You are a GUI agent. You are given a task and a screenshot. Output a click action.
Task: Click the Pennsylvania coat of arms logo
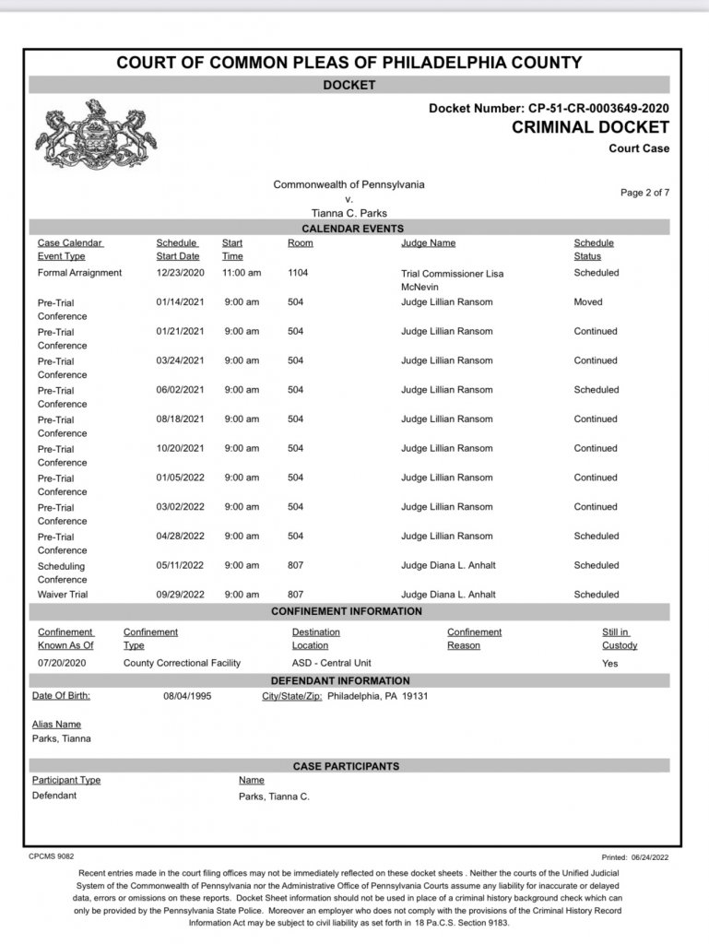point(96,136)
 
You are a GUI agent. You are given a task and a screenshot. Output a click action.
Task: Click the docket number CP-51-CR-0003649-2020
point(596,108)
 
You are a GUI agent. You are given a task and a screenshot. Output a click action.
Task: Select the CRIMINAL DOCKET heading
point(590,127)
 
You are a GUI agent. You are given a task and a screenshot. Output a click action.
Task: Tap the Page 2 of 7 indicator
point(644,192)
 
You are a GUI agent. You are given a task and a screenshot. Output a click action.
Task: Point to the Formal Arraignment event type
point(79,273)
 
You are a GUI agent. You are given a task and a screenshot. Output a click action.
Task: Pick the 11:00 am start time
point(242,273)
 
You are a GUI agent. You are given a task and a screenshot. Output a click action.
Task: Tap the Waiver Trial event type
point(64,595)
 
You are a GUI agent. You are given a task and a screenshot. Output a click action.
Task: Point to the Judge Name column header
point(428,243)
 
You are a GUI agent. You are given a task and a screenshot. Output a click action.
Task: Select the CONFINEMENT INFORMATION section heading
point(347,611)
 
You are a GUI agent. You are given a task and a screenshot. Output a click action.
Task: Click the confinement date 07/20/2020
point(62,663)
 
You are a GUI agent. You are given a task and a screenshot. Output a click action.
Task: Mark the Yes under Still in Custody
point(609,663)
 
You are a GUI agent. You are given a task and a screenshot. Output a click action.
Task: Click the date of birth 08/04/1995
point(187,696)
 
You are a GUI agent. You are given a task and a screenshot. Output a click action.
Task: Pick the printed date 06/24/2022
point(649,856)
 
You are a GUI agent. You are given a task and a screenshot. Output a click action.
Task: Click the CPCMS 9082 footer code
point(52,856)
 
